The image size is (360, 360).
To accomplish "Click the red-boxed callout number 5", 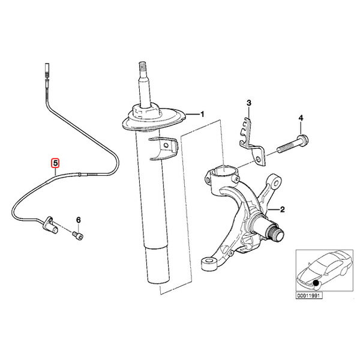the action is point(55,163).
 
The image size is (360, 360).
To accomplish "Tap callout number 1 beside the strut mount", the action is point(202,114).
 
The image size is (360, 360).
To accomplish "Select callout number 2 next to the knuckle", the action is point(282,209).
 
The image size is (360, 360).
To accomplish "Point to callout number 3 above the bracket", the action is point(249,103).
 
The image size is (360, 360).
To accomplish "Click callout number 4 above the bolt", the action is point(301,118).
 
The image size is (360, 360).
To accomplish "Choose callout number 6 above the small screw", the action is point(79,220).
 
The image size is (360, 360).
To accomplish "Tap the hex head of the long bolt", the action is point(303,140).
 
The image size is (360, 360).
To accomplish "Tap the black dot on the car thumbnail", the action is point(316,283).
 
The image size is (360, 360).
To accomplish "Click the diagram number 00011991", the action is point(309,295).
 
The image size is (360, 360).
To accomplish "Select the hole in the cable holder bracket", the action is point(258,160).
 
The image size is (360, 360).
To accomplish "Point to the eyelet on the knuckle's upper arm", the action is point(275,182).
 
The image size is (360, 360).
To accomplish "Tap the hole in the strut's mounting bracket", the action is point(166,145).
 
